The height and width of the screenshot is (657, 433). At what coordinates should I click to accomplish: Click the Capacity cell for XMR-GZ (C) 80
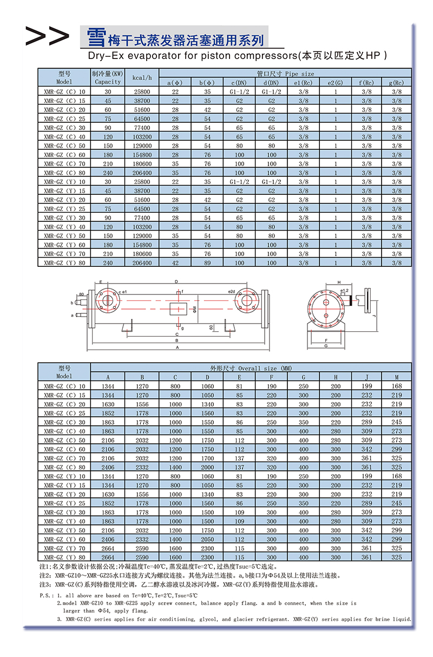[108, 173]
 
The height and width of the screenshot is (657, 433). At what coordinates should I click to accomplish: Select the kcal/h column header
[142, 77]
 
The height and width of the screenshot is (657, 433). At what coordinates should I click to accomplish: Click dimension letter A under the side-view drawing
[177, 348]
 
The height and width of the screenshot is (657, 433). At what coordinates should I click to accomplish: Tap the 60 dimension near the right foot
[211, 327]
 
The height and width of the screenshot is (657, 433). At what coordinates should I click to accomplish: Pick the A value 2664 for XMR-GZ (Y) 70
[108, 548]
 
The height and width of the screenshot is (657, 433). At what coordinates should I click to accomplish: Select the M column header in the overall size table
[397, 377]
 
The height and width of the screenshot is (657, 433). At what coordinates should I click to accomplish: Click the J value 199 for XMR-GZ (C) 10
[367, 386]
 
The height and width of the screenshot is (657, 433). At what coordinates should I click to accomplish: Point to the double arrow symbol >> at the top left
[47, 36]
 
